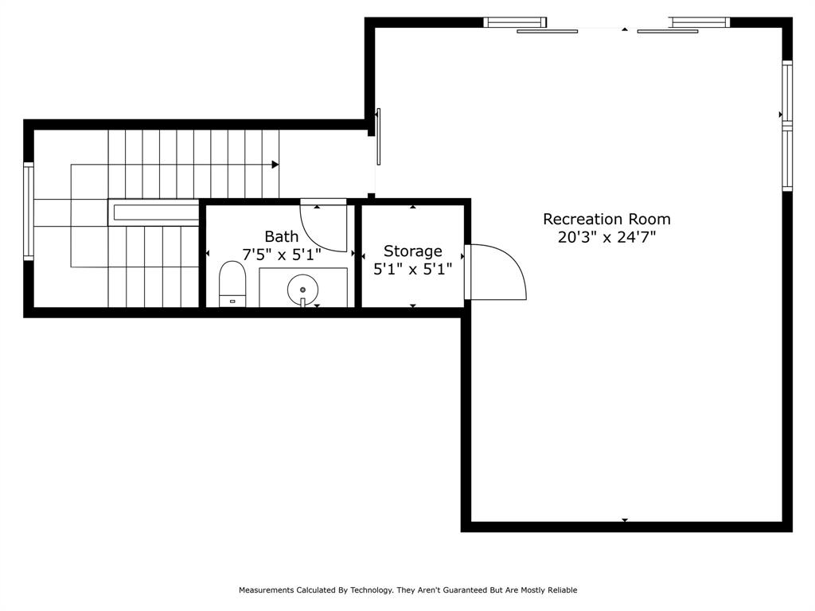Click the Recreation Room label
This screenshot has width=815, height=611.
(606, 219)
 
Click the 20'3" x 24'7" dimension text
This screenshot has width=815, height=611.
(606, 237)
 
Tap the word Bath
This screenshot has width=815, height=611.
(282, 236)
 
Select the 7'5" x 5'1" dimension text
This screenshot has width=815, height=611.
(282, 255)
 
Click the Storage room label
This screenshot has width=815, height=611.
(412, 251)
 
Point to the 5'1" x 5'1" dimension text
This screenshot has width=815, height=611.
(412, 270)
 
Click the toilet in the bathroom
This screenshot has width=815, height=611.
(232, 285)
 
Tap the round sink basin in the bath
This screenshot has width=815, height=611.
(302, 289)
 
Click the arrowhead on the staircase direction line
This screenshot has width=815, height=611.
(275, 165)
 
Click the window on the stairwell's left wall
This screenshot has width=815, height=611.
(29, 212)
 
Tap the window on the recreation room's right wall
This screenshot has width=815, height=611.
(787, 126)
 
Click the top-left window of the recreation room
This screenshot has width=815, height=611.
(515, 22)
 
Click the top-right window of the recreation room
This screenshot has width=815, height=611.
(700, 22)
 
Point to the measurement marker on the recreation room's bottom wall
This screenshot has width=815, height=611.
(625, 520)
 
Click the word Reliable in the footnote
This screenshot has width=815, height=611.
(561, 590)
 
